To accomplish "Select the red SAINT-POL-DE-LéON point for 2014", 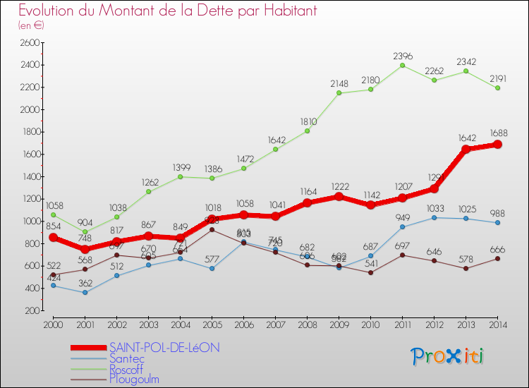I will (497, 144).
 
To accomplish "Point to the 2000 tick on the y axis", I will (29, 109).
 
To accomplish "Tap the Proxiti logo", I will (448, 356).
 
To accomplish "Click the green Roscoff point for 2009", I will (339, 92).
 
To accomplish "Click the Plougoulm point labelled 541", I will (370, 272).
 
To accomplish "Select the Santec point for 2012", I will (434, 217).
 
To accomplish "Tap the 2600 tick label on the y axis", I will (29, 42).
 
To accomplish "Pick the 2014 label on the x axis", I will (497, 324).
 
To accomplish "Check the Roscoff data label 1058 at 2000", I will (53, 205).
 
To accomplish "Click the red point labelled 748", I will (85, 249).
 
